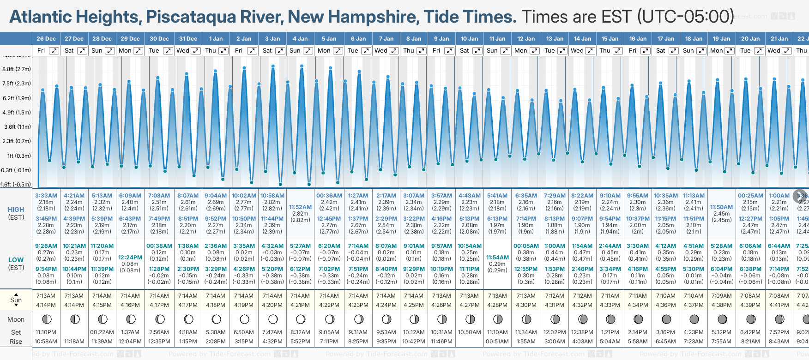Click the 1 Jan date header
click(216, 39)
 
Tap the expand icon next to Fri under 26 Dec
click(54, 51)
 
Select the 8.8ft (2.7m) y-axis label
click(17, 69)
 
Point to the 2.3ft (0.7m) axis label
click(17, 141)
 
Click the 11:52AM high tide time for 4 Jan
click(300, 207)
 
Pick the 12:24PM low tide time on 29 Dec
click(130, 258)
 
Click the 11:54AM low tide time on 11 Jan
click(497, 258)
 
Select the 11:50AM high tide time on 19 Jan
click(721, 207)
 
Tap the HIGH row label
click(16, 210)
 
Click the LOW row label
click(16, 260)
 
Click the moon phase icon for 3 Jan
click(273, 319)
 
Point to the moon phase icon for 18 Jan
click(694, 319)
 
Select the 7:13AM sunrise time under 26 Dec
click(46, 296)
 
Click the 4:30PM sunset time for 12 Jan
click(526, 305)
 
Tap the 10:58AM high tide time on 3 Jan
click(272, 196)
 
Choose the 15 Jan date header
click(610, 39)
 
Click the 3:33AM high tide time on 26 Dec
click(46, 196)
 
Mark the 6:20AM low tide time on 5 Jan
click(329, 246)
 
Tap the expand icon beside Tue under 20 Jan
click(759, 51)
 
